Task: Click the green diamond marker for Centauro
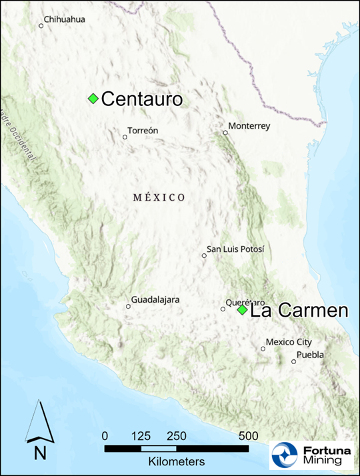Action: point(93,99)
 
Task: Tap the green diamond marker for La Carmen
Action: point(242,310)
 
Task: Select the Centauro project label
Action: point(141,99)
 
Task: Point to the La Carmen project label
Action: point(299,311)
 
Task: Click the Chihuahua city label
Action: point(64,19)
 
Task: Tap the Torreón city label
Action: point(142,131)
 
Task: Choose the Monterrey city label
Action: point(249,125)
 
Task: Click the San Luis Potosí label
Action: point(235,249)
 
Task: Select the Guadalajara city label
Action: point(155,300)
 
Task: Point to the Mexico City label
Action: point(289,342)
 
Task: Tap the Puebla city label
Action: point(310,355)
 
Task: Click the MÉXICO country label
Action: point(159,197)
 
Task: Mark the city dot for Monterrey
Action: point(225,133)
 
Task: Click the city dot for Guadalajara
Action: point(129,307)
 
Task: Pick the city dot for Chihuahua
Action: point(41,26)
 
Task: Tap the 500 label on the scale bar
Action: point(248,436)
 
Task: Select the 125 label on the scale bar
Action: point(141,436)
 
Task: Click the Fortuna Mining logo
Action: point(312,455)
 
